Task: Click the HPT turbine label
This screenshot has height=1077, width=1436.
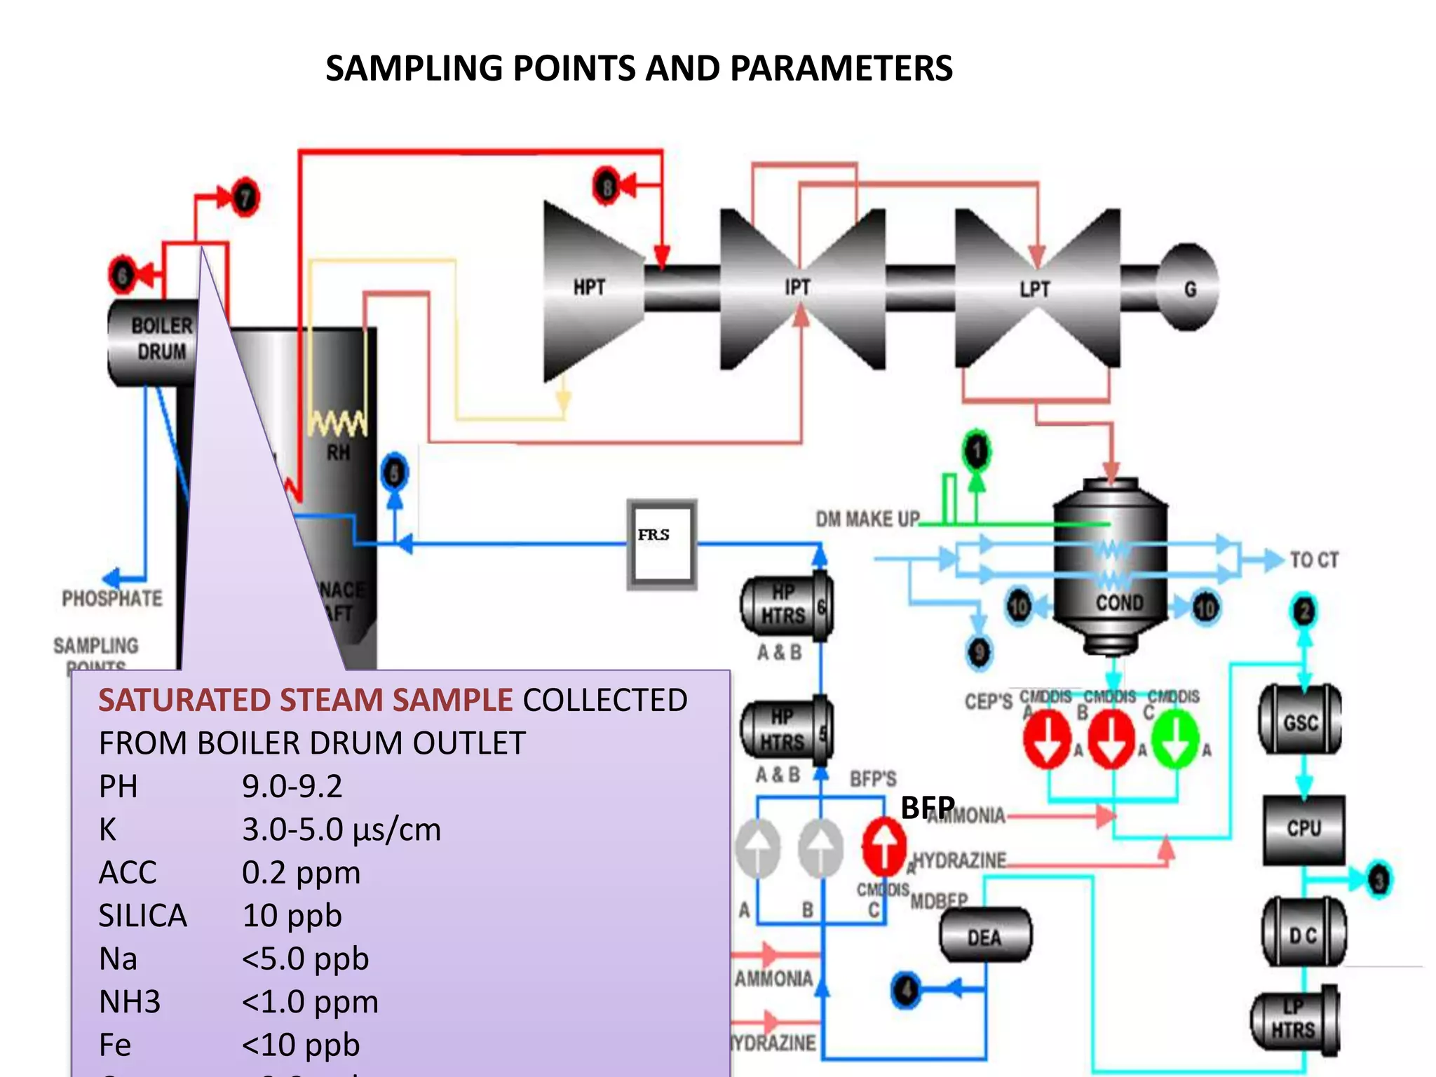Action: point(589,287)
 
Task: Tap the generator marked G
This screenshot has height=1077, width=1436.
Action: point(1190,288)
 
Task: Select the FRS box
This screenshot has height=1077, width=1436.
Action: point(662,544)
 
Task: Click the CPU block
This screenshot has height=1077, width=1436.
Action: point(1303,829)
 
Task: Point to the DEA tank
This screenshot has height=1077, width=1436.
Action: point(984,937)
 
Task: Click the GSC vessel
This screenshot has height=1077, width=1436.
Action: point(1301,722)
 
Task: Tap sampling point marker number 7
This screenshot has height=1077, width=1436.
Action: point(245,198)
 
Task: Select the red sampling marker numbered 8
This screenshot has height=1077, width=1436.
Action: point(607,187)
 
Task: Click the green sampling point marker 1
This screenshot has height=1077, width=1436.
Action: point(977,450)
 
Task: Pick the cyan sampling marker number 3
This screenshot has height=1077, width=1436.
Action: point(1379,879)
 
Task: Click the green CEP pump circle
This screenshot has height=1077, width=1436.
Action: point(1175,738)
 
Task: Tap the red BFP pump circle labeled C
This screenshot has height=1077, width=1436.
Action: point(883,847)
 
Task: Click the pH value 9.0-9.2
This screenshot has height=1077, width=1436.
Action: point(292,786)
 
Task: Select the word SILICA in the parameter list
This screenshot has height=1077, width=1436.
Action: point(143,916)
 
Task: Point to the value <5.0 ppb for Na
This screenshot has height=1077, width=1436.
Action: point(305,959)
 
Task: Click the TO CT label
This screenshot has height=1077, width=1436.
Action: point(1314,560)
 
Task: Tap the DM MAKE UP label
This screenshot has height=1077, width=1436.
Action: point(867,519)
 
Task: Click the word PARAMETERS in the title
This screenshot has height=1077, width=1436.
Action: point(841,69)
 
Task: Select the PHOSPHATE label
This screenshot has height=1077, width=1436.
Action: point(112,598)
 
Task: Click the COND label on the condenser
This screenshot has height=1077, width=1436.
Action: point(1119,602)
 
